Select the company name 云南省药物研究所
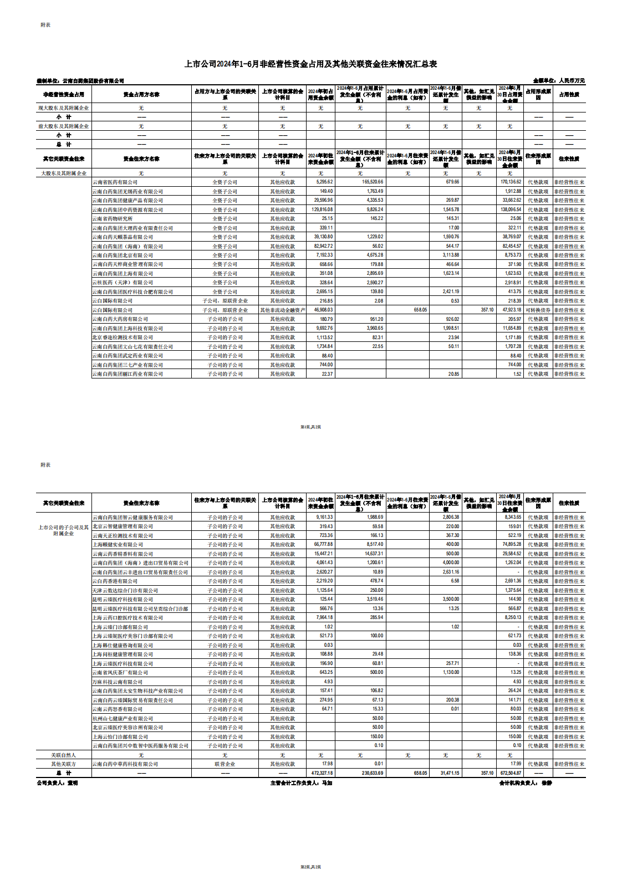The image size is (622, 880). (x=113, y=219)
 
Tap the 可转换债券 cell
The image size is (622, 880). (x=537, y=310)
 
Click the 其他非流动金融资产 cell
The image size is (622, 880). (x=282, y=310)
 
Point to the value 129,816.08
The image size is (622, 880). (x=322, y=209)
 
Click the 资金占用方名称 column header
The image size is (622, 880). (x=141, y=95)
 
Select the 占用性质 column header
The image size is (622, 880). (x=569, y=95)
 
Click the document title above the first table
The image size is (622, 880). (x=310, y=64)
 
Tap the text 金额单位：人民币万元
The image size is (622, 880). (x=558, y=81)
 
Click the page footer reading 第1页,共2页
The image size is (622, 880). (x=310, y=427)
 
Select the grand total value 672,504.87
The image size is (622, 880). (x=510, y=773)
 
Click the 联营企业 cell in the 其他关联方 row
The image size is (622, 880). (x=225, y=764)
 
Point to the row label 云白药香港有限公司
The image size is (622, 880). (x=115, y=581)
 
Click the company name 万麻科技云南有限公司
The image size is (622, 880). (x=118, y=682)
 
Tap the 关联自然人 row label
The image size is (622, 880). (x=63, y=755)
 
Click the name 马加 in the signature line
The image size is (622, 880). (x=327, y=783)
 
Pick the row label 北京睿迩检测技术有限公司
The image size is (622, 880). (x=123, y=337)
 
